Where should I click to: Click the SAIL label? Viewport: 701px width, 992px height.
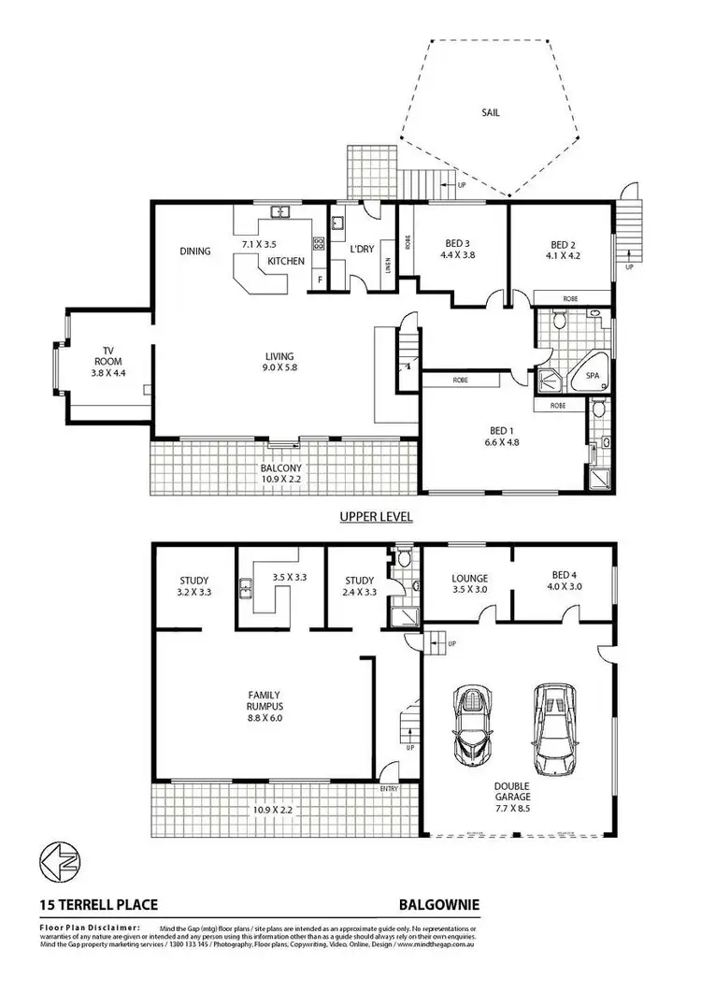click(491, 112)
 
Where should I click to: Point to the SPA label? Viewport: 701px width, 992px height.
click(592, 377)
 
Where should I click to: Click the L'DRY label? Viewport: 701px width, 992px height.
click(362, 252)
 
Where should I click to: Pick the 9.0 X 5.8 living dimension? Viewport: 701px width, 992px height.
click(279, 368)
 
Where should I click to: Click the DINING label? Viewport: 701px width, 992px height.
click(196, 251)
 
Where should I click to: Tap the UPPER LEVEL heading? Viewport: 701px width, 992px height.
click(376, 516)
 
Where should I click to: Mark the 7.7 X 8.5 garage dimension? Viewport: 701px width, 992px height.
click(513, 811)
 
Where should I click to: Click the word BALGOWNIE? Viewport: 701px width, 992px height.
click(439, 905)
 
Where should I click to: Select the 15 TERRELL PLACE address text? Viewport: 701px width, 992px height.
click(98, 905)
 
